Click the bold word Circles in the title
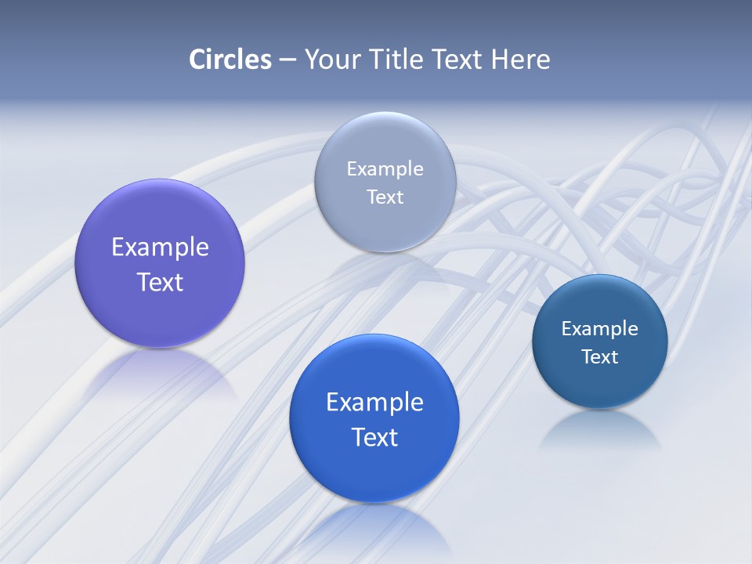click(230, 60)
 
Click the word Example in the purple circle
click(160, 248)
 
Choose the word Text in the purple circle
click(160, 282)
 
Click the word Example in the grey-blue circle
click(385, 169)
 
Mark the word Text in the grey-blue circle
click(385, 197)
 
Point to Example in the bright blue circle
click(374, 403)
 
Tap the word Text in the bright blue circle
click(374, 437)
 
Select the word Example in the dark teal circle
click(600, 329)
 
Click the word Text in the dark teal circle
click(600, 357)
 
